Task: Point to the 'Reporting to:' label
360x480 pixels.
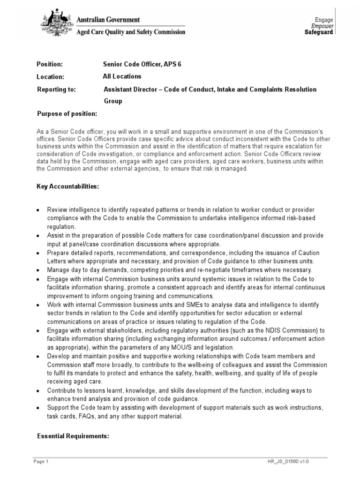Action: click(x=56, y=89)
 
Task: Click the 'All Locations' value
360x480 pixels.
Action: click(x=122, y=76)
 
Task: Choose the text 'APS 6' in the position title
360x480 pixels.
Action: click(x=172, y=64)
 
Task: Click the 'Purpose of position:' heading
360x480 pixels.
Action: click(x=67, y=114)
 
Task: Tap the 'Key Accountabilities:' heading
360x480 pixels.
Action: click(x=68, y=186)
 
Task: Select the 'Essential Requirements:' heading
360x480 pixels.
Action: click(x=73, y=436)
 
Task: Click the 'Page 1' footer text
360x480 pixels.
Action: click(x=41, y=462)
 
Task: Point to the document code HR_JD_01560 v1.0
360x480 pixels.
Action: click(x=285, y=462)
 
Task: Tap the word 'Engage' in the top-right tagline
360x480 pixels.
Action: click(x=324, y=20)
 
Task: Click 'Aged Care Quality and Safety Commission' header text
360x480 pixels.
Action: click(x=124, y=32)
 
